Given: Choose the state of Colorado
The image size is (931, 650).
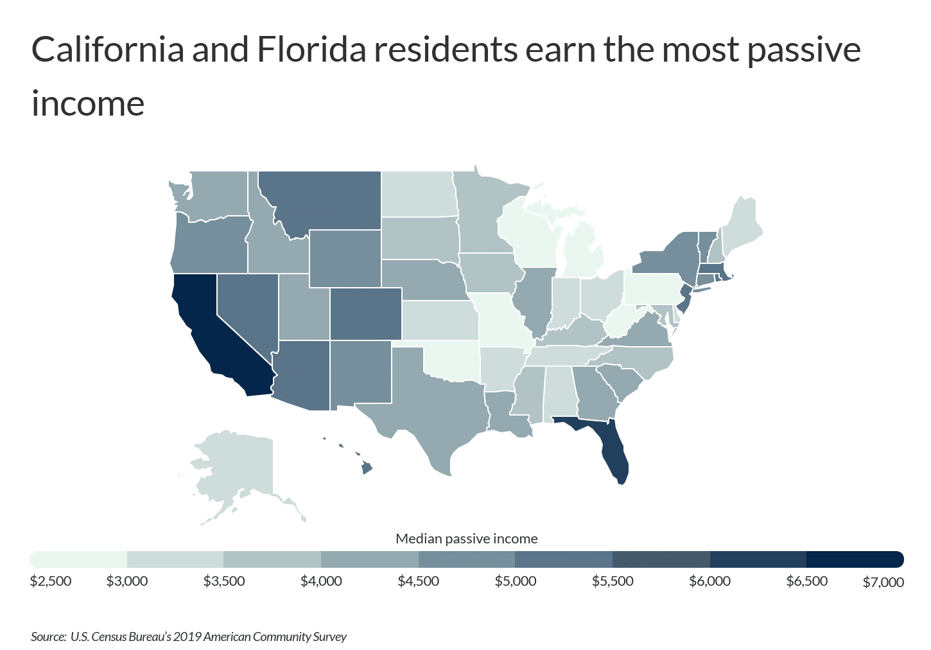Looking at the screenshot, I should click(x=366, y=313).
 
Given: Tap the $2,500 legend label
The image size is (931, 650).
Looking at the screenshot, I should click(x=51, y=581).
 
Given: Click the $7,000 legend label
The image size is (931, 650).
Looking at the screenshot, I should click(x=883, y=582).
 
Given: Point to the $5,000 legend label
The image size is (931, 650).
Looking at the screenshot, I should click(x=516, y=581).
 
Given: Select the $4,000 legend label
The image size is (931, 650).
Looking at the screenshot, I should click(x=321, y=581).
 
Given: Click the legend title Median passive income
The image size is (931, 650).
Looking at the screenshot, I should click(x=466, y=539).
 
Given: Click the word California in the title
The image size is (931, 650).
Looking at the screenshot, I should click(x=108, y=49).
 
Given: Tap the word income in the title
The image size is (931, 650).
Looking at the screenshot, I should click(x=88, y=103).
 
